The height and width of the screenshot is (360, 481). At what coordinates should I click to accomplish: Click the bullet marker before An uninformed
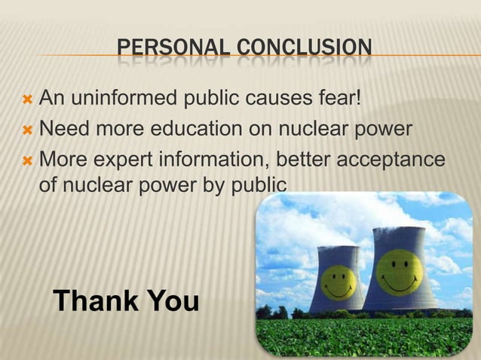coord(26,99)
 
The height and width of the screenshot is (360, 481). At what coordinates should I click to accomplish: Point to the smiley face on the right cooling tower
coord(397,272)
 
